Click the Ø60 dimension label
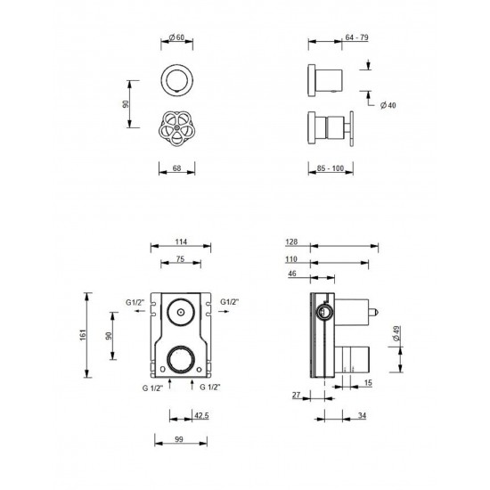click(176, 37)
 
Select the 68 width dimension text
click(177, 168)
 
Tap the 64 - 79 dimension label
click(356, 37)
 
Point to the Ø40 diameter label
click(388, 105)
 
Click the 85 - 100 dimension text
click(331, 168)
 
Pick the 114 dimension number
click(181, 241)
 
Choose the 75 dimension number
click(180, 259)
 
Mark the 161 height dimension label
click(83, 335)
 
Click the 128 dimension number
click(291, 241)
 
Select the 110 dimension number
click(291, 259)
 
